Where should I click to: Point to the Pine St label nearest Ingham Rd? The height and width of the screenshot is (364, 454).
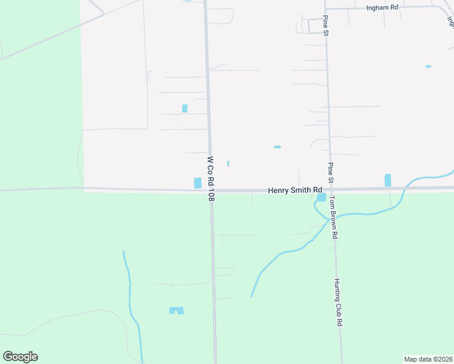pyautogui.click(x=326, y=25)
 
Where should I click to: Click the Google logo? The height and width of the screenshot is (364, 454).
pyautogui.click(x=20, y=357)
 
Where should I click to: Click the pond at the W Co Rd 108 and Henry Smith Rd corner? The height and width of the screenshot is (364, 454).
pyautogui.click(x=197, y=183)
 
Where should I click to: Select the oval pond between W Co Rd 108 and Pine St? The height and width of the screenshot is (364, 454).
pyautogui.click(x=277, y=147)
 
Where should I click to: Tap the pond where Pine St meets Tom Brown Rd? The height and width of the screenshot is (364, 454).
pyautogui.click(x=320, y=197)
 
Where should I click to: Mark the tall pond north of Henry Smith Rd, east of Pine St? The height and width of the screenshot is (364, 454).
pyautogui.click(x=388, y=180)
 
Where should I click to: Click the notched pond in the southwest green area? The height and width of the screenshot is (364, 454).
pyautogui.click(x=176, y=311)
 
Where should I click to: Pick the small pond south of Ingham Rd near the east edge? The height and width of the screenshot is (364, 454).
pyautogui.click(x=429, y=66)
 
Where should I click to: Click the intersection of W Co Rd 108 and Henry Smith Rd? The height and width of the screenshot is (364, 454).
pyautogui.click(x=211, y=190)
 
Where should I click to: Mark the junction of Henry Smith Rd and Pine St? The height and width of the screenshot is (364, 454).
pyautogui.click(x=331, y=189)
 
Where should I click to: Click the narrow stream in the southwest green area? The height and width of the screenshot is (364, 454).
pyautogui.click(x=129, y=291)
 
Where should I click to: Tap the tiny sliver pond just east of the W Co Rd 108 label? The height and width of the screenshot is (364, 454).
pyautogui.click(x=228, y=163)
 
